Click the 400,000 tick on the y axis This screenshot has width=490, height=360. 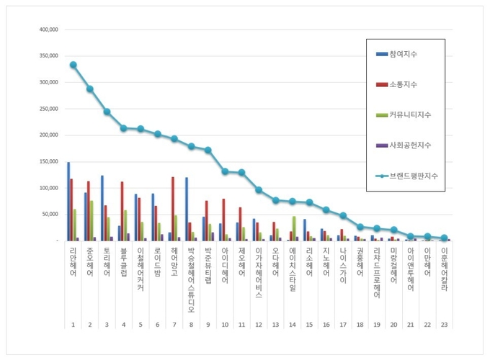[x=48, y=30]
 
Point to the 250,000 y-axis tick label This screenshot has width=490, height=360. [x=48, y=109]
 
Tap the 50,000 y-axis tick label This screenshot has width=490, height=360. [x=49, y=214]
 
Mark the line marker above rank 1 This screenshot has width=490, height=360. [x=73, y=65]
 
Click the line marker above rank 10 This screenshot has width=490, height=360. [x=225, y=171]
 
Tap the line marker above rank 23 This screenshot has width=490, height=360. [x=445, y=238]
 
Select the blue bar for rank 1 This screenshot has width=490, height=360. [x=68, y=201]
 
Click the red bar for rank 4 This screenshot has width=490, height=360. [x=122, y=211]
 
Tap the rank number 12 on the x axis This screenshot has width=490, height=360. [x=259, y=305]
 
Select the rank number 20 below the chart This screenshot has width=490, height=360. [x=393, y=305]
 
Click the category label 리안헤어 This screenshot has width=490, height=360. [x=73, y=262]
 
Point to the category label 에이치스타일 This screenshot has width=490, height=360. [x=293, y=270]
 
